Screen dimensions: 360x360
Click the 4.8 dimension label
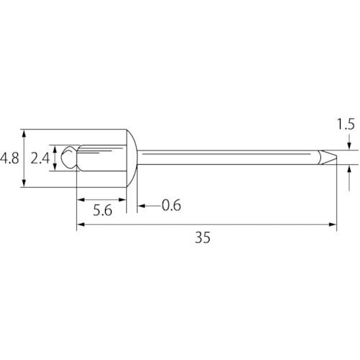9,158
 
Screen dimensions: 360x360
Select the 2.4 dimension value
40,158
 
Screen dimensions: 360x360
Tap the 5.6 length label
102,210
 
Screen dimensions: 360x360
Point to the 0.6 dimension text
171,205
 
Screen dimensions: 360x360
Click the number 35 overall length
203,238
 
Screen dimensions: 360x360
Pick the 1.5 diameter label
346,125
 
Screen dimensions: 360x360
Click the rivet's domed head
132,158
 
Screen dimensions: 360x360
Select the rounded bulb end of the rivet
69,158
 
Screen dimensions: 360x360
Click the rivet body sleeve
102,158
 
